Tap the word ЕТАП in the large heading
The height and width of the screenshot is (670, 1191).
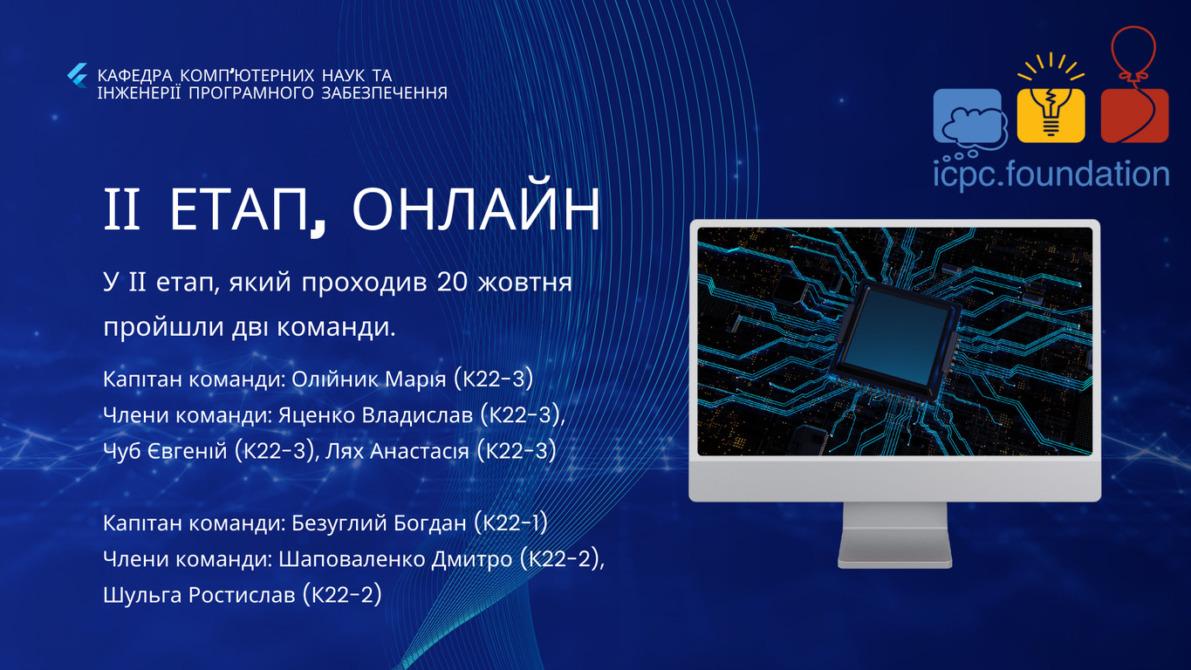pyautogui.click(x=239, y=209)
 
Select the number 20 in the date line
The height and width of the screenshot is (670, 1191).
pyautogui.click(x=452, y=283)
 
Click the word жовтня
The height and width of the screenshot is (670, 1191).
pyautogui.click(x=524, y=283)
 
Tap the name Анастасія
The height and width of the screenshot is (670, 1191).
pyautogui.click(x=420, y=451)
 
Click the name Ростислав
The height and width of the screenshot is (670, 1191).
pyautogui.click(x=242, y=594)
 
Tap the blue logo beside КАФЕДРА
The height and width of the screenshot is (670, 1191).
pyautogui.click(x=78, y=76)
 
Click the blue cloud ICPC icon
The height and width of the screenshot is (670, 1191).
pyautogui.click(x=970, y=120)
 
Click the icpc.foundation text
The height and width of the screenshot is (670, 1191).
pyautogui.click(x=1051, y=174)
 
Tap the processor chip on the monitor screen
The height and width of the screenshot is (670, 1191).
pyautogui.click(x=896, y=340)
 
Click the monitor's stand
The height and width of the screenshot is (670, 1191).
pyautogui.click(x=895, y=535)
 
